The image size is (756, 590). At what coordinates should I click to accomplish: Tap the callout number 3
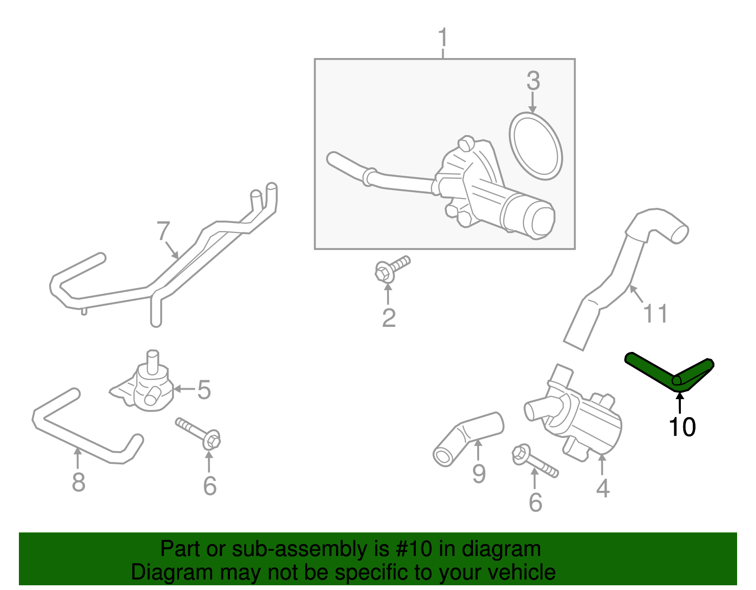click(533, 81)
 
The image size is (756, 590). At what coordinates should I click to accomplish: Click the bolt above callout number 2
click(391, 269)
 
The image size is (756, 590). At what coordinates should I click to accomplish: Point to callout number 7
click(163, 231)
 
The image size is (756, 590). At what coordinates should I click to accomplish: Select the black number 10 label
click(682, 427)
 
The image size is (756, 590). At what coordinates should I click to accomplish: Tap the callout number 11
click(656, 313)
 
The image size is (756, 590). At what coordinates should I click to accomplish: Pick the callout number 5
click(204, 390)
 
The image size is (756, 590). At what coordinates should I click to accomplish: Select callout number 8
click(78, 482)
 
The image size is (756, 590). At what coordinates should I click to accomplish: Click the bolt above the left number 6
click(198, 432)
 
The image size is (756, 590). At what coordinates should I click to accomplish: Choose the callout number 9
click(479, 474)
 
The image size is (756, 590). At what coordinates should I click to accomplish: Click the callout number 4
click(602, 488)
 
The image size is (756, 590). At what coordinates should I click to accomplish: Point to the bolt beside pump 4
click(534, 461)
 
